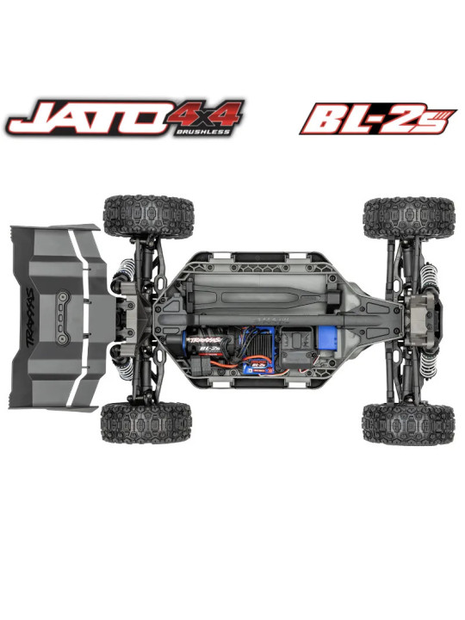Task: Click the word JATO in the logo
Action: pos(82,119)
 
